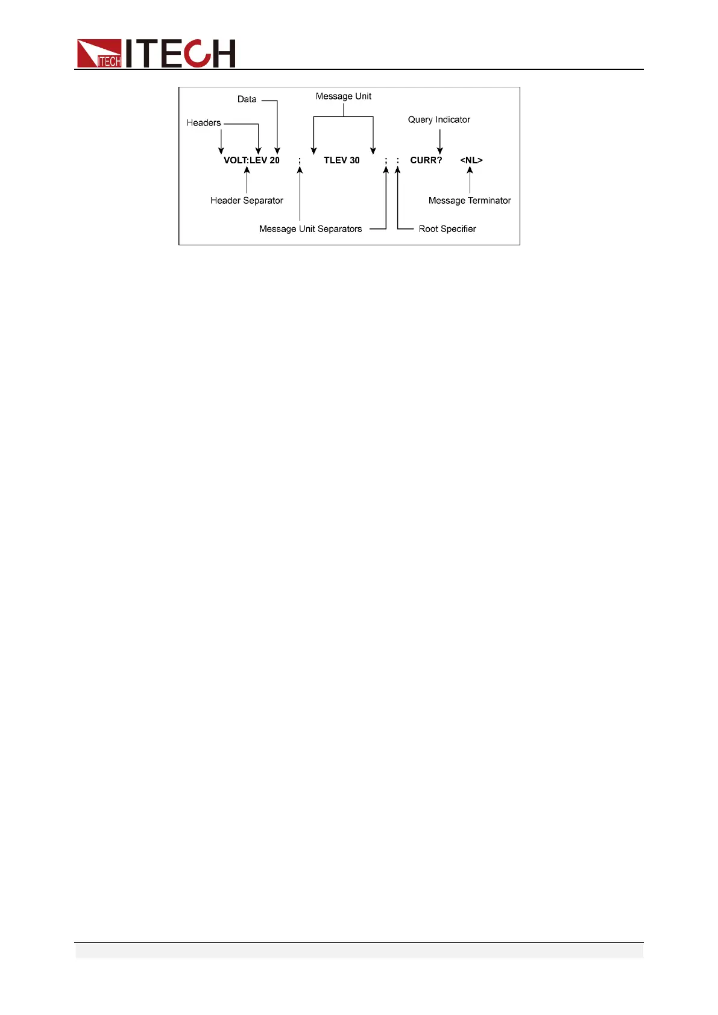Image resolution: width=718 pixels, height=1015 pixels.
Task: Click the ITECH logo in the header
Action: tap(156, 53)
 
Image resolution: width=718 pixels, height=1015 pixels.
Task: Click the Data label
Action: tap(247, 99)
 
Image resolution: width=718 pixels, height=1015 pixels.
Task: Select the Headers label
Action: tap(204, 123)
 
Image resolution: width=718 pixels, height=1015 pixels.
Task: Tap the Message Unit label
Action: tap(344, 96)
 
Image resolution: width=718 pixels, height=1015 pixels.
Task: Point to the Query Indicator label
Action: tap(439, 120)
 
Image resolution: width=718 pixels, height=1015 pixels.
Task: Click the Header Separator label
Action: tap(247, 201)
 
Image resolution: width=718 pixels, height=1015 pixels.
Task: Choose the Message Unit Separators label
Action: tap(310, 229)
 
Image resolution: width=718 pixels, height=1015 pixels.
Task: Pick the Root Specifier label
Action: tap(447, 229)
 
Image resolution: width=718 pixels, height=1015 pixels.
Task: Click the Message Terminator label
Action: tap(470, 201)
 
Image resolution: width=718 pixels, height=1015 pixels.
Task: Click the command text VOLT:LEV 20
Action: tap(251, 160)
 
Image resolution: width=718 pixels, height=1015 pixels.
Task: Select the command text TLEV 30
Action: tap(342, 160)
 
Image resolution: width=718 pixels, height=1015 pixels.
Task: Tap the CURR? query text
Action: tap(426, 160)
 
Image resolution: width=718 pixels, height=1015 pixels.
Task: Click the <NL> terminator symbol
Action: tap(471, 160)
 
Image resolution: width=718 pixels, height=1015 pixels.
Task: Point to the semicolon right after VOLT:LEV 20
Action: tap(300, 161)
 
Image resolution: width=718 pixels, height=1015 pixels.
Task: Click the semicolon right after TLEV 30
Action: tap(386, 161)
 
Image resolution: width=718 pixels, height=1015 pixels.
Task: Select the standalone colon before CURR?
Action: tap(398, 161)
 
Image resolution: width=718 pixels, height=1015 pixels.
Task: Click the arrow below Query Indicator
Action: tap(440, 142)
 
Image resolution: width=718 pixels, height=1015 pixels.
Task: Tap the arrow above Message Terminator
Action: tap(470, 180)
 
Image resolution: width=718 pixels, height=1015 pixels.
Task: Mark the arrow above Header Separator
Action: tap(247, 180)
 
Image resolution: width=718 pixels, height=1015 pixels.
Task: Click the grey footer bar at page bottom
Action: tap(359, 951)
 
